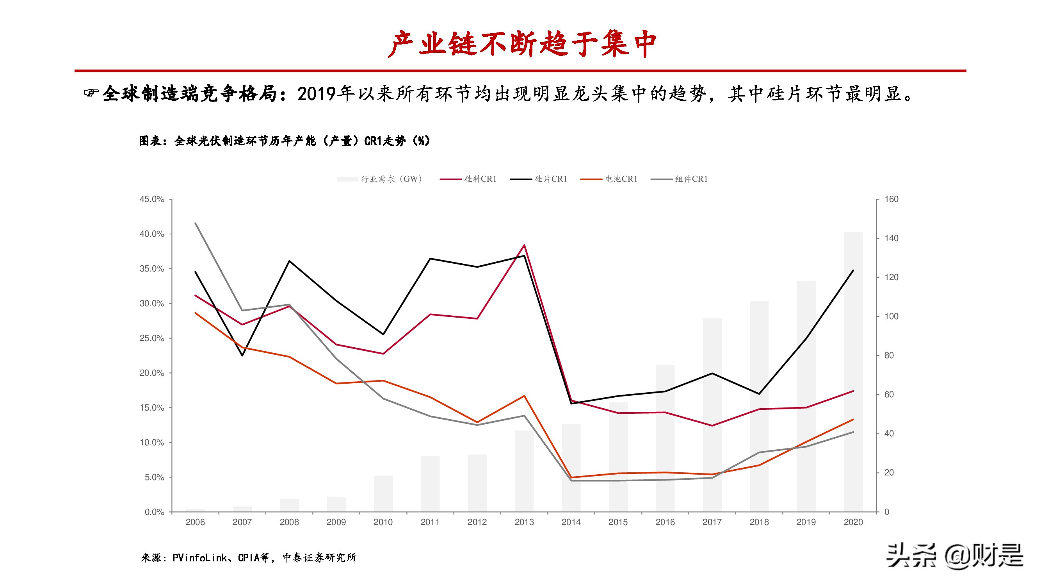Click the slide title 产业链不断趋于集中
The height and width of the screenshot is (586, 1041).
521,44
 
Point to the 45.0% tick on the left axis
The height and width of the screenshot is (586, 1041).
151,199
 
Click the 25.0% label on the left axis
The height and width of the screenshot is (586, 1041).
151,338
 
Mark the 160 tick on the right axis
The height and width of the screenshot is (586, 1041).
891,199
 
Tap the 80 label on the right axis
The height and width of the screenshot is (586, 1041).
889,356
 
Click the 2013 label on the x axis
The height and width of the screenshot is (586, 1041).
524,522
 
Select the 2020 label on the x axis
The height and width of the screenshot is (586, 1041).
853,522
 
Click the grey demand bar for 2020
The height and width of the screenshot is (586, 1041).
853,372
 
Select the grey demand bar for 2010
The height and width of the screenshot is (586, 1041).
383,494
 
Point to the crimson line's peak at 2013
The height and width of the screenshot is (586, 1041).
524,245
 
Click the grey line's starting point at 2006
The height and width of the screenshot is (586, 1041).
196,223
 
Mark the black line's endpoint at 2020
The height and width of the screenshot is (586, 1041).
853,270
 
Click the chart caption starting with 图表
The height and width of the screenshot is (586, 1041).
285,141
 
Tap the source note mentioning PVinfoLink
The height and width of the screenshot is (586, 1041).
249,558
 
